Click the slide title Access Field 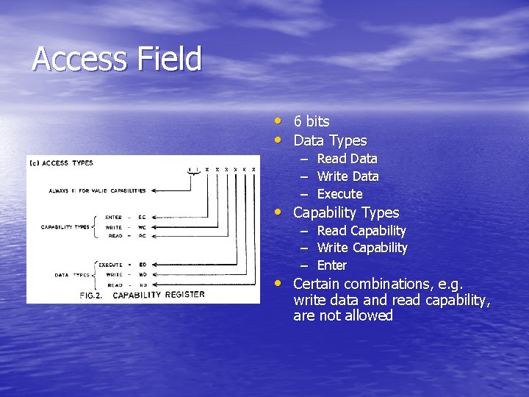[116, 59]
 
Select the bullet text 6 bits [312, 121]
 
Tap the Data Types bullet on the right [330, 140]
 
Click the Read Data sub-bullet [347, 159]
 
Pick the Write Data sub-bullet [348, 176]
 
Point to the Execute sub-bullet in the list [339, 194]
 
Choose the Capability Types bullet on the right [346, 212]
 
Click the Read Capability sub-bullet [361, 231]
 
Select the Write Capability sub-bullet [362, 248]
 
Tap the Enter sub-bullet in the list [331, 265]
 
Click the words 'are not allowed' [343, 316]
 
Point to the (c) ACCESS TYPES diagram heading [61, 163]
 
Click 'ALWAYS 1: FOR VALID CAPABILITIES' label [98, 190]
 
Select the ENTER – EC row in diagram [123, 218]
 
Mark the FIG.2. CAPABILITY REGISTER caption [142, 295]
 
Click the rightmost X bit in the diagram [253, 169]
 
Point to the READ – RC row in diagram [123, 236]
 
